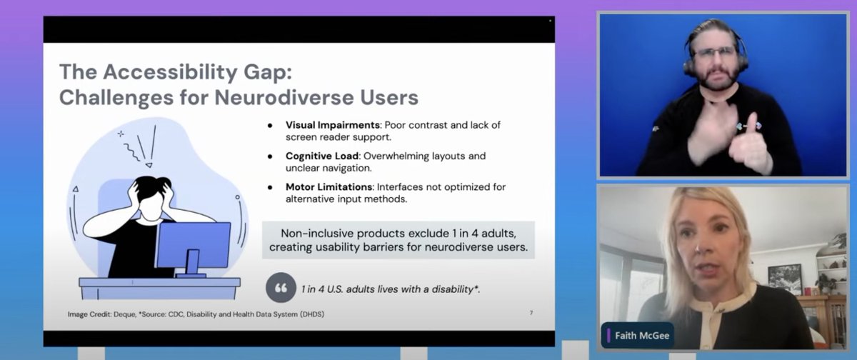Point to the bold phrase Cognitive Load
(x=319, y=156)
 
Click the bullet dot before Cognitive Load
(x=270, y=156)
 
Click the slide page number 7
(x=531, y=313)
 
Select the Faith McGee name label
(x=638, y=334)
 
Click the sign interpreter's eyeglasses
(x=712, y=53)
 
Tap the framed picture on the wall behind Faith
(x=784, y=278)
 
